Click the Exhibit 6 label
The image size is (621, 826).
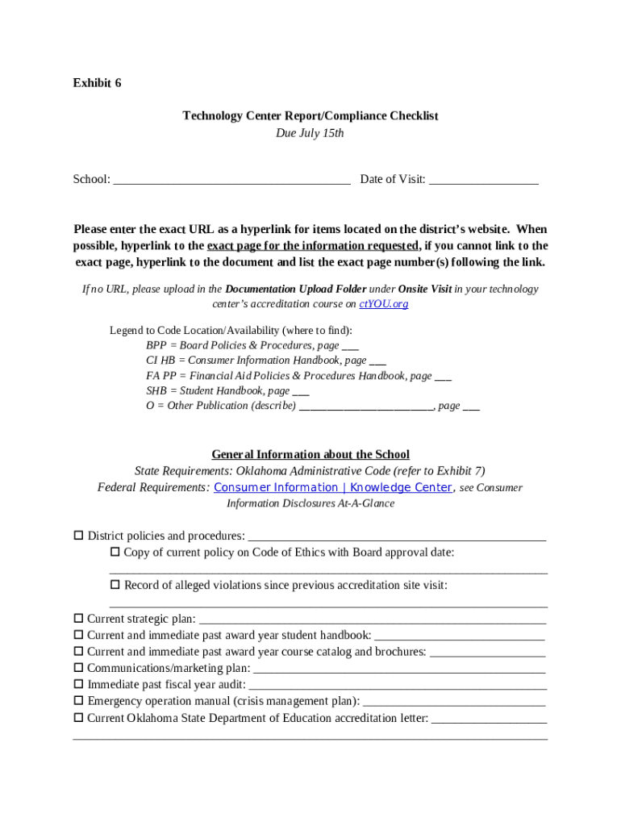pyautogui.click(x=97, y=83)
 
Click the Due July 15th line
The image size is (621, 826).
pyautogui.click(x=310, y=133)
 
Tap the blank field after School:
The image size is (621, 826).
pyautogui.click(x=231, y=180)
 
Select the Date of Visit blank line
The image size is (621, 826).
pyautogui.click(x=483, y=180)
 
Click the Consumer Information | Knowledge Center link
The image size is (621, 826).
pyautogui.click(x=332, y=488)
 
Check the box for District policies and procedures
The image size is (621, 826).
pyautogui.click(x=79, y=536)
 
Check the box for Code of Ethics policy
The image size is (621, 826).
pyautogui.click(x=115, y=553)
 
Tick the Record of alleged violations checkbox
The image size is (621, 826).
pyautogui.click(x=115, y=585)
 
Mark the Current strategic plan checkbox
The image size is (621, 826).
pyautogui.click(x=79, y=619)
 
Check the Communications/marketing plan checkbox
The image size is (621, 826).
pyautogui.click(x=79, y=668)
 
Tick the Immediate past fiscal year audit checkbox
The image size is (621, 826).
pyautogui.click(x=79, y=685)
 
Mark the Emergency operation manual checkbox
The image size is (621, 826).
pyautogui.click(x=79, y=701)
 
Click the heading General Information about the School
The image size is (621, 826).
pyautogui.click(x=310, y=455)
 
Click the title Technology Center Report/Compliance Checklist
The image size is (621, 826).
pyautogui.click(x=310, y=116)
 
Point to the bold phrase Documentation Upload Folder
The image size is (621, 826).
pyautogui.click(x=296, y=289)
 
